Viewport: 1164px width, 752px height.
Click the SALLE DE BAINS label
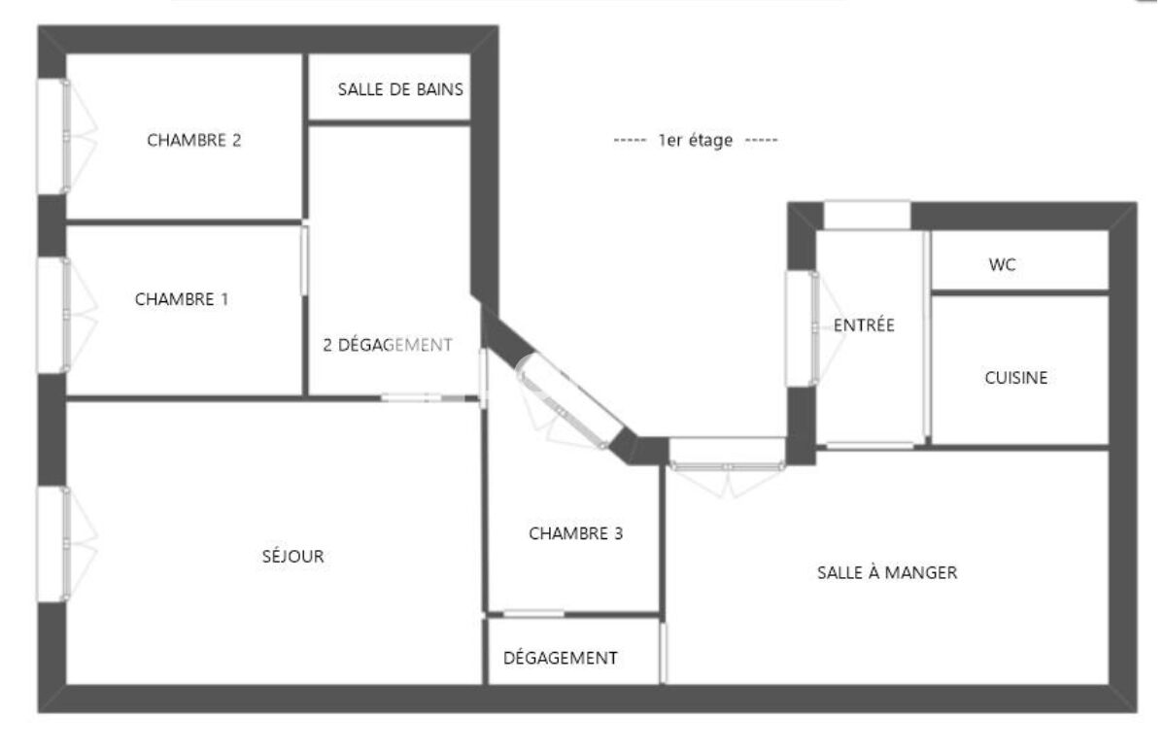tap(400, 89)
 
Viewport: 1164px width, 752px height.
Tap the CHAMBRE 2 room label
tap(193, 140)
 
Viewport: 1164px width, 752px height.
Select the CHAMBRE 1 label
tap(181, 299)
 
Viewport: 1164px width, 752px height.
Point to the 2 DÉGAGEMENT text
tap(388, 345)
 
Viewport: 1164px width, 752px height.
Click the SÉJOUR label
tap(293, 556)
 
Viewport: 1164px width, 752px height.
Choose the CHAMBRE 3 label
tap(575, 533)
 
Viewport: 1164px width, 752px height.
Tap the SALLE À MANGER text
tap(887, 572)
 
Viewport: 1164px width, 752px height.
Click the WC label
tap(1002, 265)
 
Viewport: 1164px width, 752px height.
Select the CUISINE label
tap(1016, 378)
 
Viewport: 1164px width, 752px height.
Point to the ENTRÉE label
tap(864, 325)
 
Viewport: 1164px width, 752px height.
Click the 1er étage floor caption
tap(696, 140)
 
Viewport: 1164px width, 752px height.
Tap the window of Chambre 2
tap(53, 137)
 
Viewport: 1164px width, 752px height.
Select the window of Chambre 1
tap(53, 316)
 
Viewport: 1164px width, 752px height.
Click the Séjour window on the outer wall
tap(53, 544)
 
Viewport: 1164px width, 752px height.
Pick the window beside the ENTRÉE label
tap(802, 328)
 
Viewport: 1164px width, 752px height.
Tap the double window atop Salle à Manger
tap(727, 454)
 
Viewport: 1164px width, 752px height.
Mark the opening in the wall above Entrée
tap(867, 216)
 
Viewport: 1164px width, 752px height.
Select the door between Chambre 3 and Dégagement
tap(533, 614)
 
